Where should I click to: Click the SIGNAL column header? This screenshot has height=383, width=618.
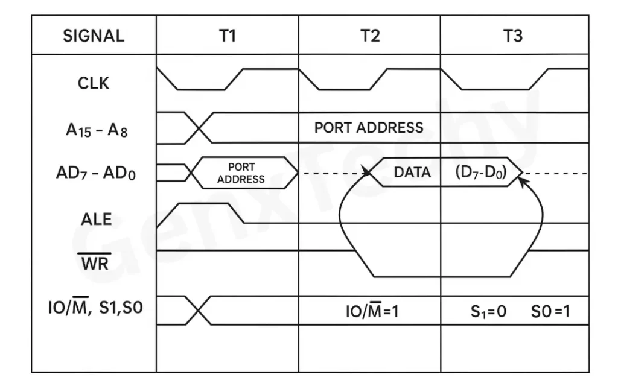pyautogui.click(x=94, y=36)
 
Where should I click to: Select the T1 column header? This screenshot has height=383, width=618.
pyautogui.click(x=227, y=36)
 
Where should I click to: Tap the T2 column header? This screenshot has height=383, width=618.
pyautogui.click(x=369, y=36)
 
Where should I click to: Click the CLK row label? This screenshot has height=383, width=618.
pyautogui.click(x=94, y=83)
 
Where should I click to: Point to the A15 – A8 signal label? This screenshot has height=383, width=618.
pyautogui.click(x=94, y=129)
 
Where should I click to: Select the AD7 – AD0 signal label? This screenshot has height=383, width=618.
pyautogui.click(x=94, y=174)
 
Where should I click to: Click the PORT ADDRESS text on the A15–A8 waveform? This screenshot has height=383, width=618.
pyautogui.click(x=369, y=128)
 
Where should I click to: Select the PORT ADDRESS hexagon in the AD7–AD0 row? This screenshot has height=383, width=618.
pyautogui.click(x=241, y=173)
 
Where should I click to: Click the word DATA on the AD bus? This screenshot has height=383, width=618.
pyautogui.click(x=412, y=173)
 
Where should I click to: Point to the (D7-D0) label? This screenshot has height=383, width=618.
pyautogui.click(x=481, y=173)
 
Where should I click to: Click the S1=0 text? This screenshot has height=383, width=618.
pyautogui.click(x=488, y=312)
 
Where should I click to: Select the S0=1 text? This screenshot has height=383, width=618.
pyautogui.click(x=550, y=312)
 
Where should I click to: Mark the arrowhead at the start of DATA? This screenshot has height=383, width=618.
pyautogui.click(x=367, y=173)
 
